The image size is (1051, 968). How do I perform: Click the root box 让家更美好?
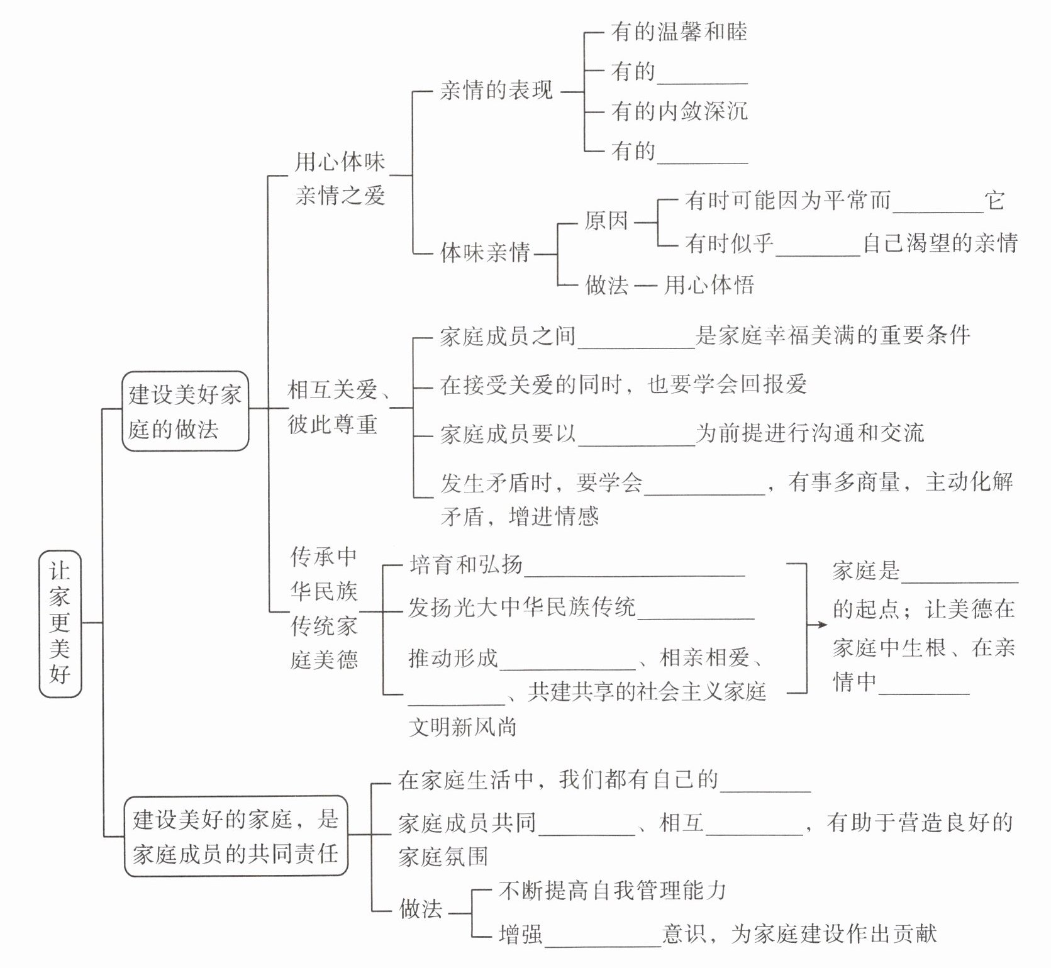[60, 623]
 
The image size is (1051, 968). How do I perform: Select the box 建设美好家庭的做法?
[185, 411]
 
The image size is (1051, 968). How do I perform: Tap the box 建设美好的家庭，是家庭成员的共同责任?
[236, 835]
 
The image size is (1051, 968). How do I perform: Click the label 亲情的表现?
[496, 91]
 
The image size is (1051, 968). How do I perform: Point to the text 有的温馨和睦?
[679, 32]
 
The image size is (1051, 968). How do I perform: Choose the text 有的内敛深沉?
[679, 111]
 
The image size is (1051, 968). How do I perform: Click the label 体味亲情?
[485, 253]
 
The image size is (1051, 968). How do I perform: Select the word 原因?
[606, 221]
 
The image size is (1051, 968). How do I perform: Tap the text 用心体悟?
[709, 285]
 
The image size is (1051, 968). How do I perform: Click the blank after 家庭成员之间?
[636, 340]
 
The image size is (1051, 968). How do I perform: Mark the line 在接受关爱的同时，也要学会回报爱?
[623, 384]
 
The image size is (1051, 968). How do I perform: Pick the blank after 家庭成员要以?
[636, 438]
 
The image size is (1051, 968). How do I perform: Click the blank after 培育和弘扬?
[634, 568]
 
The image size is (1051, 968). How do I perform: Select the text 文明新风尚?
[462, 727]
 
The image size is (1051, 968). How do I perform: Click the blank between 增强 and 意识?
[603, 938]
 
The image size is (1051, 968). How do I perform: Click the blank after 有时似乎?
[818, 248]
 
